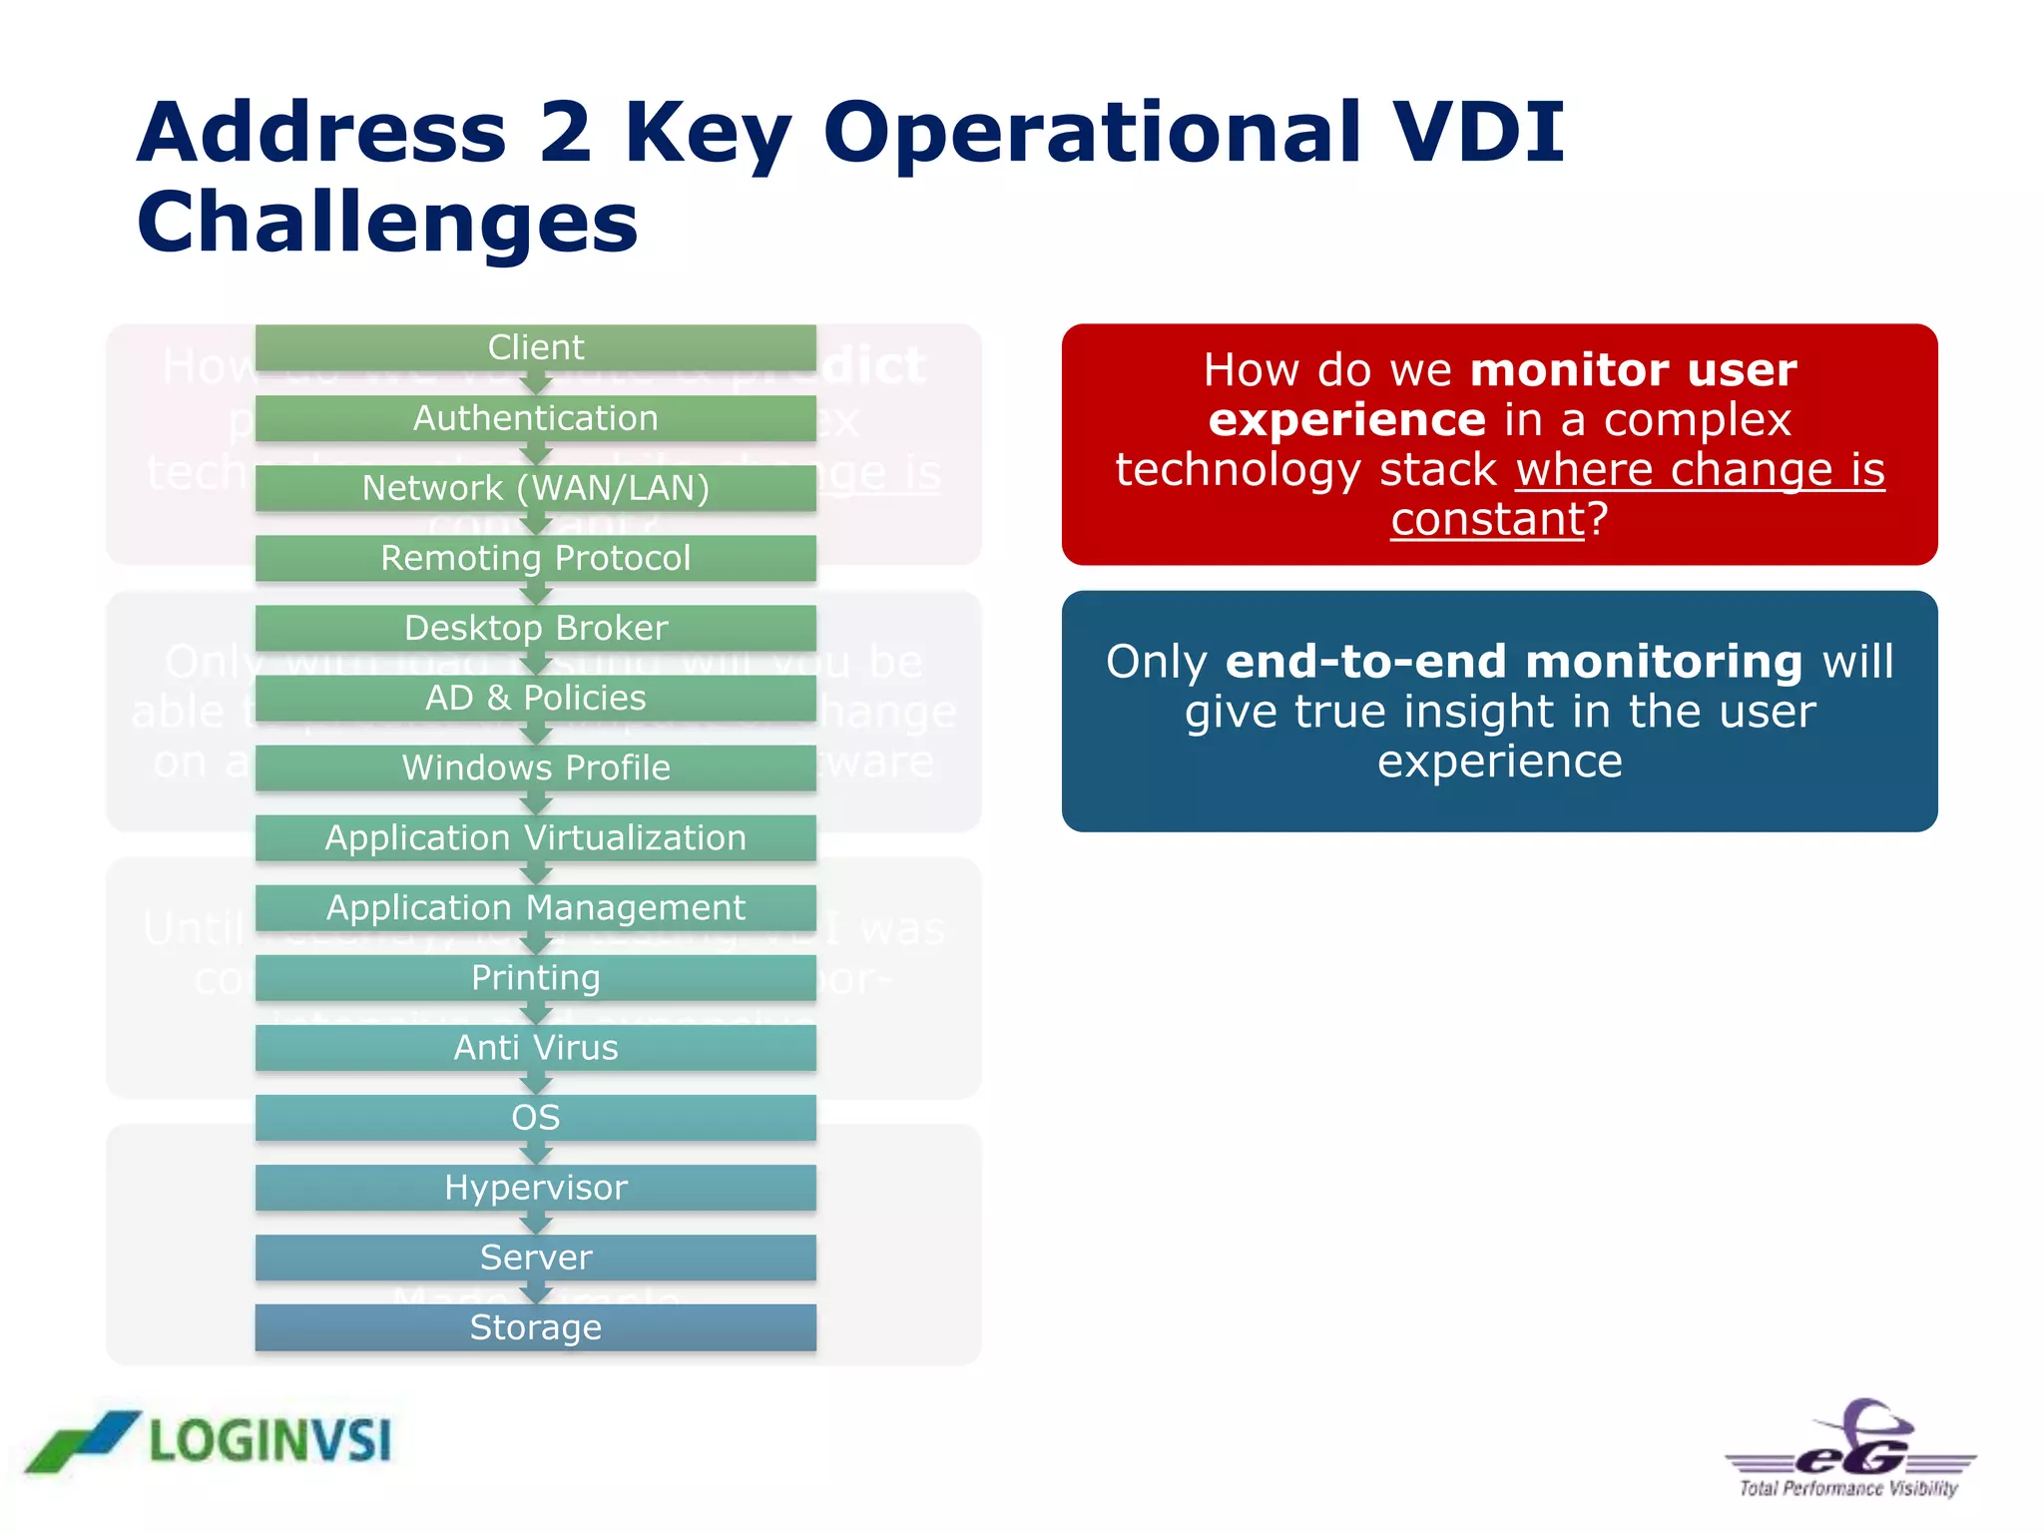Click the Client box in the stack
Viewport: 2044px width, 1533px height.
[x=535, y=347]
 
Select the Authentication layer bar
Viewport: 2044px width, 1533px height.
[x=535, y=418]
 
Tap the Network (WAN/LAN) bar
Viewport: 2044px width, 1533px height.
[x=535, y=488]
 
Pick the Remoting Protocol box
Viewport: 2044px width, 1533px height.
[x=535, y=558]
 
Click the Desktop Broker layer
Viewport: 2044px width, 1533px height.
[x=535, y=628]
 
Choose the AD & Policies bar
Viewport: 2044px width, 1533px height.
[x=535, y=698]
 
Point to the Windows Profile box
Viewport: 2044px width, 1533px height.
[x=535, y=767]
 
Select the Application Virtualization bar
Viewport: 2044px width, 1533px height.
[x=535, y=837]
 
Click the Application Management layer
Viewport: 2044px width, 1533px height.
[x=535, y=907]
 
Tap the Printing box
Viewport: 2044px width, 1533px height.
[x=535, y=977]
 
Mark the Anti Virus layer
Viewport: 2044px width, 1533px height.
[x=535, y=1047]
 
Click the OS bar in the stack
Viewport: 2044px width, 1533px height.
[x=535, y=1117]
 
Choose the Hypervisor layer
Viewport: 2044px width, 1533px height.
[x=535, y=1187]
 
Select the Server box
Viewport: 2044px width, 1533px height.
[x=535, y=1257]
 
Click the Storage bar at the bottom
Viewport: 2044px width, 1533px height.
[x=535, y=1327]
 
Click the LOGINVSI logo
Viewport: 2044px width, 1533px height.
[x=210, y=1441]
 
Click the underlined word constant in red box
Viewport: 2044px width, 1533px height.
[x=1487, y=520]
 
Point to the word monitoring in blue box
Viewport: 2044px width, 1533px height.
[x=1664, y=662]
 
